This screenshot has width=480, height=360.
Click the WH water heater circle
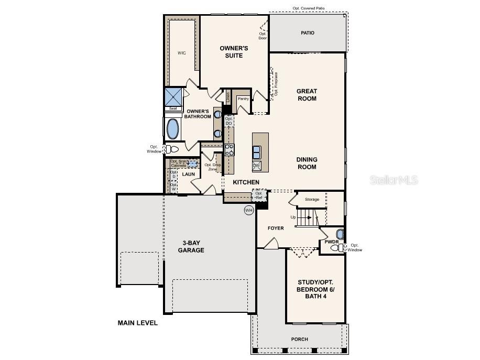coord(248,210)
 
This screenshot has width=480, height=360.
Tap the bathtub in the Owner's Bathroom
coord(172,129)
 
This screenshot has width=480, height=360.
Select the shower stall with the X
coord(173,97)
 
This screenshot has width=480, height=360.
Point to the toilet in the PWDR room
coord(340,247)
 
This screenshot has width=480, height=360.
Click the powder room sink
coord(340,234)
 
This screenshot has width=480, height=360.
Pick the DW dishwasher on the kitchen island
coord(256,166)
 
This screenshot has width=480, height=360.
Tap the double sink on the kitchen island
coord(257,152)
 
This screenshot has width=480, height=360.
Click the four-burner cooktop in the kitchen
coord(230,150)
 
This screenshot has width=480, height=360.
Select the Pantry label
coord(243,99)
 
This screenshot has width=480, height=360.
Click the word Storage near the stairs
coord(312,199)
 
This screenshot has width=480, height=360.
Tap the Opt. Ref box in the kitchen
coord(259,195)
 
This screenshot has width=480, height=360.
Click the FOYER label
coord(276,228)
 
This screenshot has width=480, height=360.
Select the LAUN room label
coord(188,174)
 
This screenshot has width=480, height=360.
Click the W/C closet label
coord(181,53)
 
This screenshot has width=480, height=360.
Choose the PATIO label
coord(308,32)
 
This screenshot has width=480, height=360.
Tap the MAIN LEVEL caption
coord(137,323)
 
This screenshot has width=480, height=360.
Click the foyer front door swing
coord(271,243)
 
